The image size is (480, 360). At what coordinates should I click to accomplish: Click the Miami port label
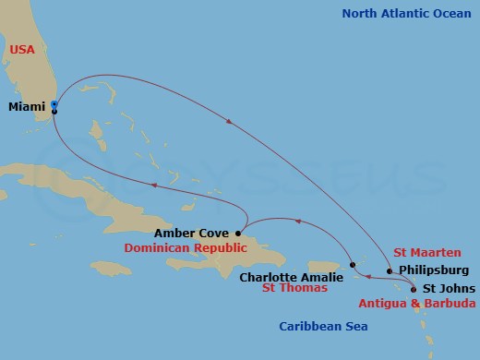tap(27, 107)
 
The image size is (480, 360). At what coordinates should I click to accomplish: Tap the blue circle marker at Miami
tap(54, 104)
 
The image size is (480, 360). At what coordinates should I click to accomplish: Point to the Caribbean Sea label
tap(324, 327)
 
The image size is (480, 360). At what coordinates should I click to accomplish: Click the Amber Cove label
tap(193, 234)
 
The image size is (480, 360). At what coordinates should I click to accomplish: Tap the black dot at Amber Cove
tap(239, 233)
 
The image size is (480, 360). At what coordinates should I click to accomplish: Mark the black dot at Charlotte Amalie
tap(353, 266)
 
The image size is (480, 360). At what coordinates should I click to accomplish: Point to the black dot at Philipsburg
tap(390, 271)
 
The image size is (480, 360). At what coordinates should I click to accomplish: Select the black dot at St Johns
tap(413, 289)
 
